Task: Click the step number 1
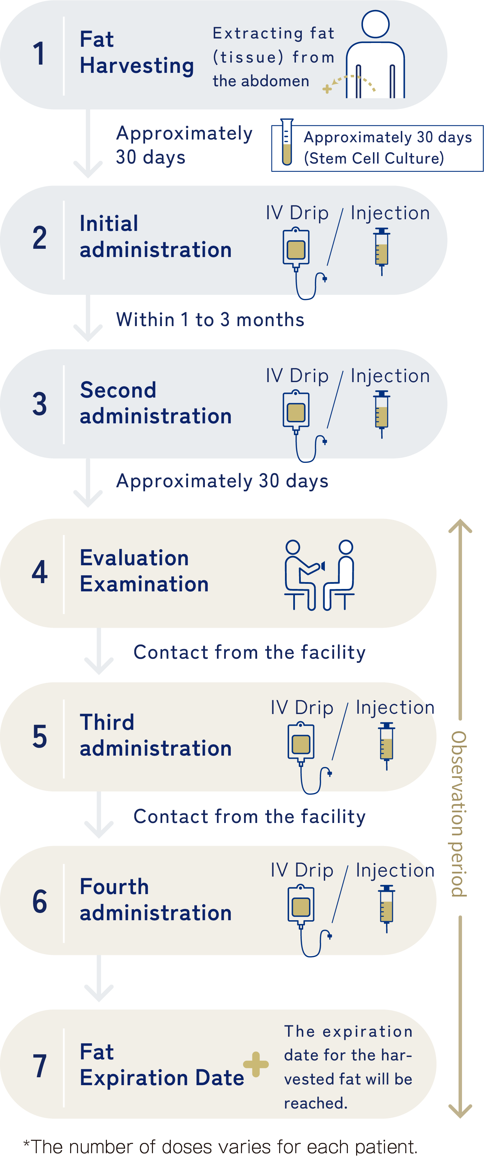(x=39, y=54)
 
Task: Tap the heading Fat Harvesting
(x=137, y=53)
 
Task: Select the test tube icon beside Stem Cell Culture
(x=287, y=143)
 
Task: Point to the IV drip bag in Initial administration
(x=296, y=248)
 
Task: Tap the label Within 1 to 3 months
(x=210, y=320)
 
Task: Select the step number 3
(x=40, y=404)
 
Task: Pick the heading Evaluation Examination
(x=144, y=571)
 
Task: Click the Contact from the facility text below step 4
(x=249, y=652)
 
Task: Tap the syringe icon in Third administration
(x=387, y=746)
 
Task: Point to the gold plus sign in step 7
(x=256, y=1064)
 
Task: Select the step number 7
(x=40, y=1066)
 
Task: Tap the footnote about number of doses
(x=220, y=1146)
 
